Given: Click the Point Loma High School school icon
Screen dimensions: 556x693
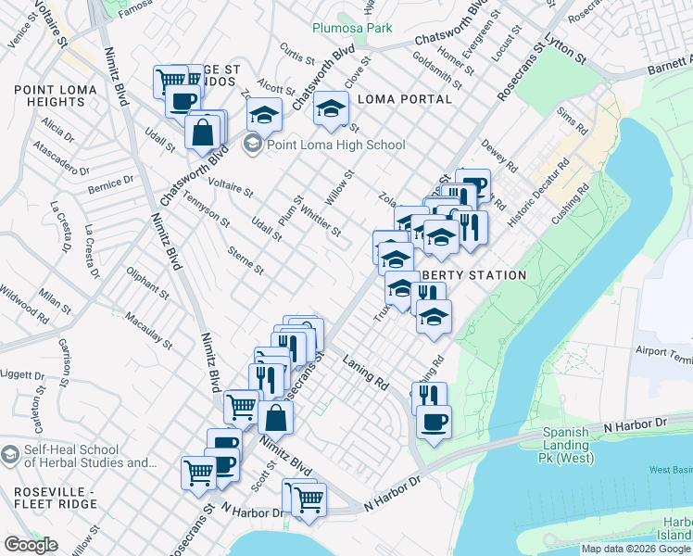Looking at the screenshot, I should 252,145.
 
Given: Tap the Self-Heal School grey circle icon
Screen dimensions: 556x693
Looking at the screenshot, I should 9,456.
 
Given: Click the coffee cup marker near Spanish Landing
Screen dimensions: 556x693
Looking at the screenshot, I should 434,423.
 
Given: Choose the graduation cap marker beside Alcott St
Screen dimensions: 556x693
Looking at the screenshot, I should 264,115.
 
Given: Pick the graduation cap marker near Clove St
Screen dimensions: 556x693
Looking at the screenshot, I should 331,108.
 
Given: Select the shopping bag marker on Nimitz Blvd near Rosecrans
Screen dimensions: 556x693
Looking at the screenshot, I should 275,417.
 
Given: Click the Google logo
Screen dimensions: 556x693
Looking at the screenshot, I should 31,545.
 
